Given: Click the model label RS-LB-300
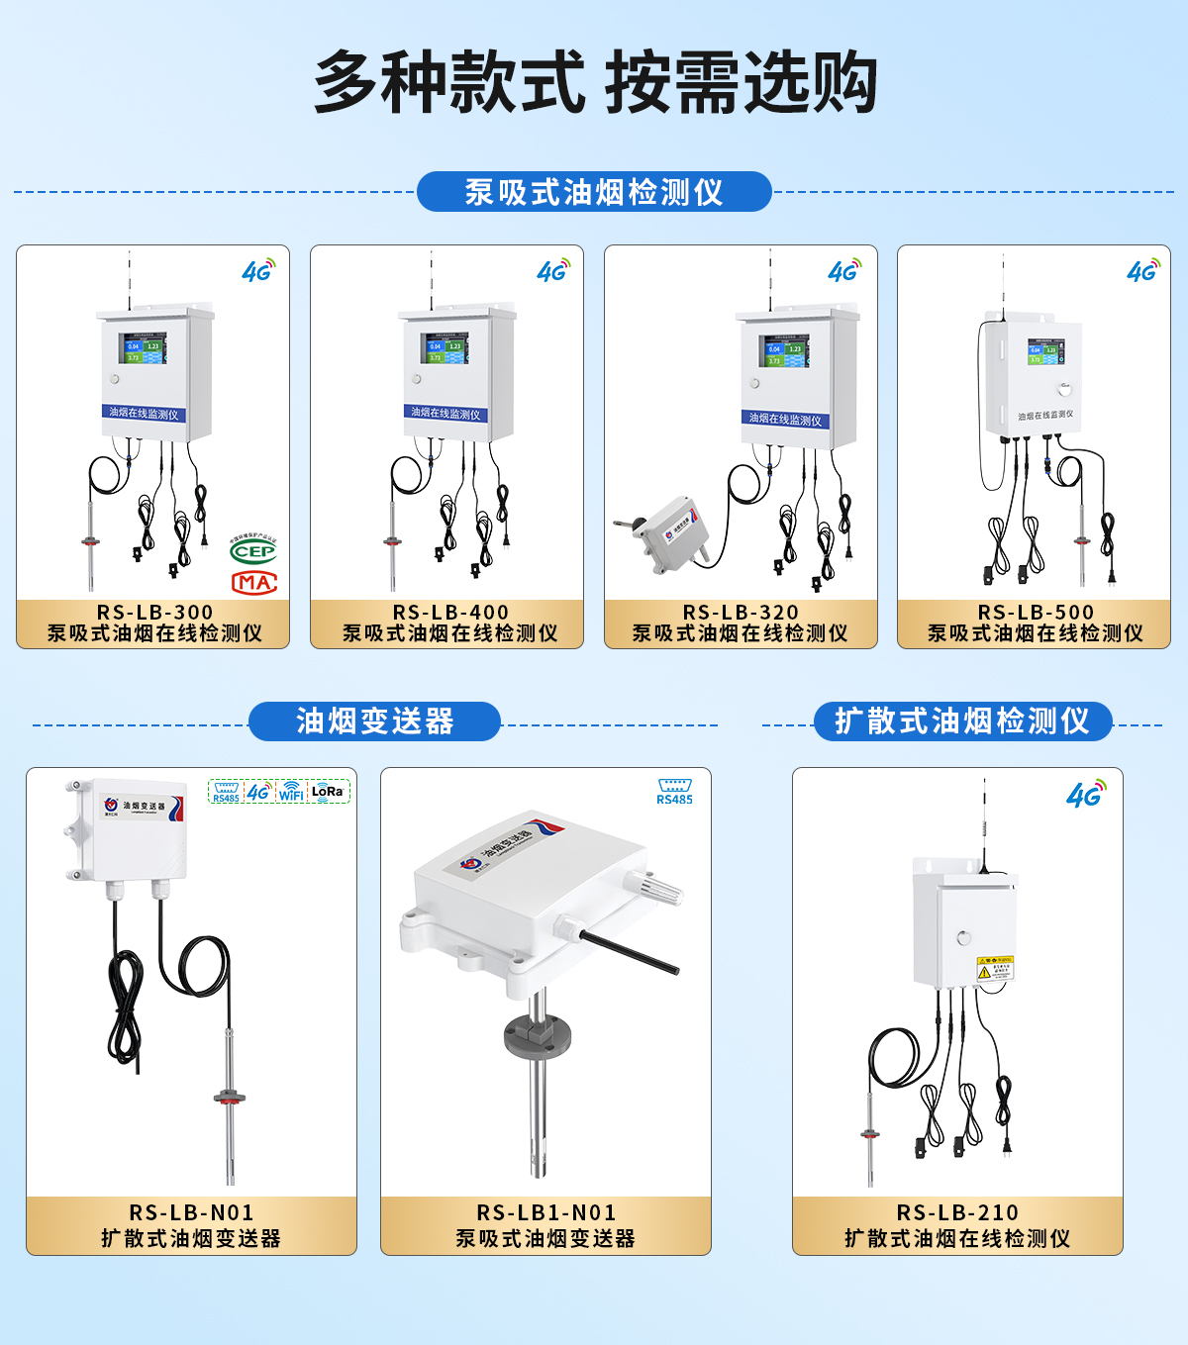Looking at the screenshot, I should point(154,613).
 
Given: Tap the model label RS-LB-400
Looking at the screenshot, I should point(450,613).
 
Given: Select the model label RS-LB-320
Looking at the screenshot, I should point(741,613).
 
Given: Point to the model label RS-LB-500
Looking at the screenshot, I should point(1036,613).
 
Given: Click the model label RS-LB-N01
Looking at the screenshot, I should point(191,1212).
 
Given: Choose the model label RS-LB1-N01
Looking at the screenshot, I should point(546,1212).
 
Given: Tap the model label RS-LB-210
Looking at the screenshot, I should point(957,1212).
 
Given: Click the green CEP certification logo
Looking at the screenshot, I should point(253,550).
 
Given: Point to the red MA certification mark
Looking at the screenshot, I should point(253,582).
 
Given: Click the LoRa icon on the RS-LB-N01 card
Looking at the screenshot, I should point(328,791).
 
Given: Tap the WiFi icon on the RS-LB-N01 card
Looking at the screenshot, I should point(291,791).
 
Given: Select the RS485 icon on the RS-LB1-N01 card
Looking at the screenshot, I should point(674,792).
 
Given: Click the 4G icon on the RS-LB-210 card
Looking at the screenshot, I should point(1086,794).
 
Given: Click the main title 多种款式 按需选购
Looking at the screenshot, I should point(595,82).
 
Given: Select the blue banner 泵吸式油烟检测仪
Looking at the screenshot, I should point(594,192).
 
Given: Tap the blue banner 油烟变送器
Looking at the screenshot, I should point(374,721).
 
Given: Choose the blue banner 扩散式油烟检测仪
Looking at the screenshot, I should point(962,721).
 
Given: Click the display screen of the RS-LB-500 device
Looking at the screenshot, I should point(1044,351).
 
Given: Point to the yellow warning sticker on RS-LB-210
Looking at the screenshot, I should point(995,967).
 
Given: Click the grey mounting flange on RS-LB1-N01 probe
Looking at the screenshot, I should point(538,1035).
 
